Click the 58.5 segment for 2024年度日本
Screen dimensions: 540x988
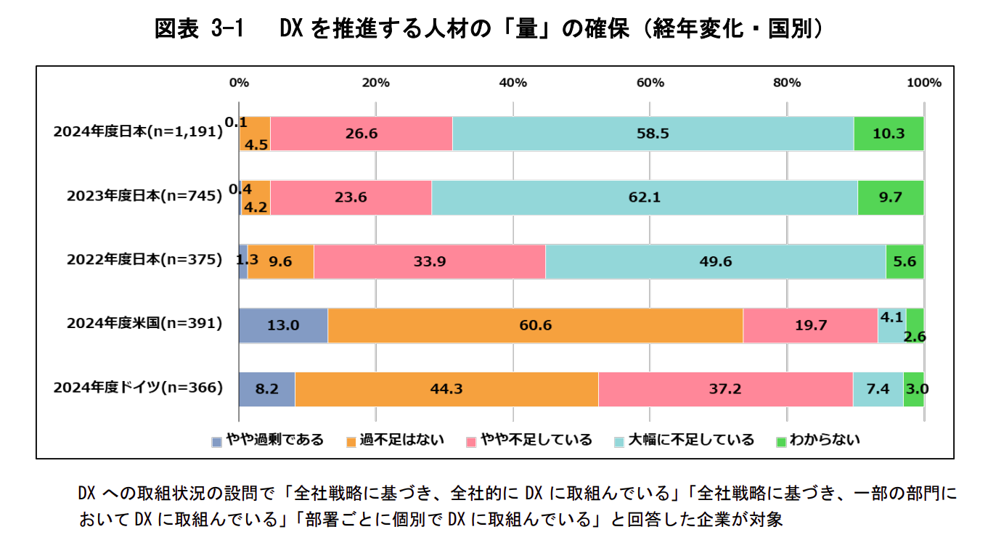click(653, 134)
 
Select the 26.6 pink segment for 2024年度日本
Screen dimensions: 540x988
click(361, 134)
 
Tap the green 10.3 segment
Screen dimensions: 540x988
click(889, 134)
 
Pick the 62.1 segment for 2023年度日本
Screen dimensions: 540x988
click(644, 197)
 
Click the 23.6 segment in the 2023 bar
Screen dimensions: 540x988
click(351, 197)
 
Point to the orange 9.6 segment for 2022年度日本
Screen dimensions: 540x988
click(280, 261)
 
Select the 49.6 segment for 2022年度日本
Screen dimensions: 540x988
click(715, 261)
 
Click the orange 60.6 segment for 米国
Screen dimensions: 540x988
click(535, 325)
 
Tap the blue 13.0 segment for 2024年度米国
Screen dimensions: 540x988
click(283, 325)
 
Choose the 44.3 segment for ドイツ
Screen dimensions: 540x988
click(446, 389)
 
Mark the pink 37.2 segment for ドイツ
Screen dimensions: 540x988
click(725, 389)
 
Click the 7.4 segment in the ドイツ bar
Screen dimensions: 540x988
click(878, 389)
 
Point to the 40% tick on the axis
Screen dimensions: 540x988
click(513, 83)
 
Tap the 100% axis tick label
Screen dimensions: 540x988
click(923, 83)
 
